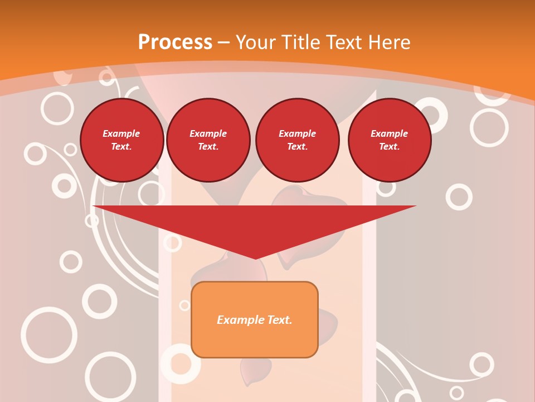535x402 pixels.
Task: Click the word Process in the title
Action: pyautogui.click(x=175, y=42)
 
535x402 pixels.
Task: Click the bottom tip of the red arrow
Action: pyautogui.click(x=255, y=258)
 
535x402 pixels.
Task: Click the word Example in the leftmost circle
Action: pyautogui.click(x=121, y=133)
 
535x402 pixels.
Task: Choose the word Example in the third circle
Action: pyautogui.click(x=297, y=133)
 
